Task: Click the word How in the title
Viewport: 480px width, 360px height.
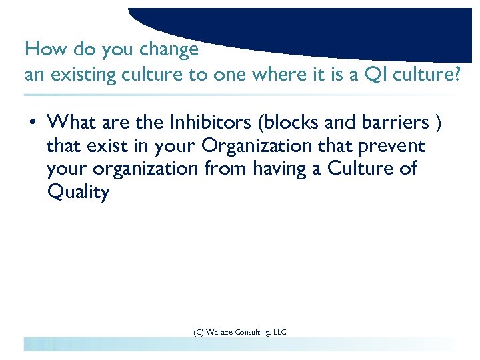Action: [40, 50]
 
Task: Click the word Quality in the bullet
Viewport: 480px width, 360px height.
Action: [78, 193]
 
